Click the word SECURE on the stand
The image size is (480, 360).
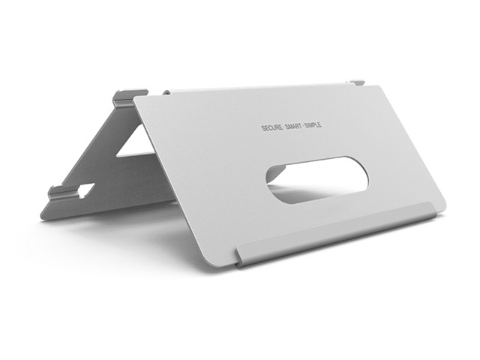pos(271,127)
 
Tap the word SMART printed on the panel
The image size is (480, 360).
pos(293,126)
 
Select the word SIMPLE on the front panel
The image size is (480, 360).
pos(313,124)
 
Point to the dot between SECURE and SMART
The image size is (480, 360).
pos(283,127)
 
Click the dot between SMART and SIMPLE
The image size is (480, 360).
pos(303,125)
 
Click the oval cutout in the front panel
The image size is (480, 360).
pos(317,179)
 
